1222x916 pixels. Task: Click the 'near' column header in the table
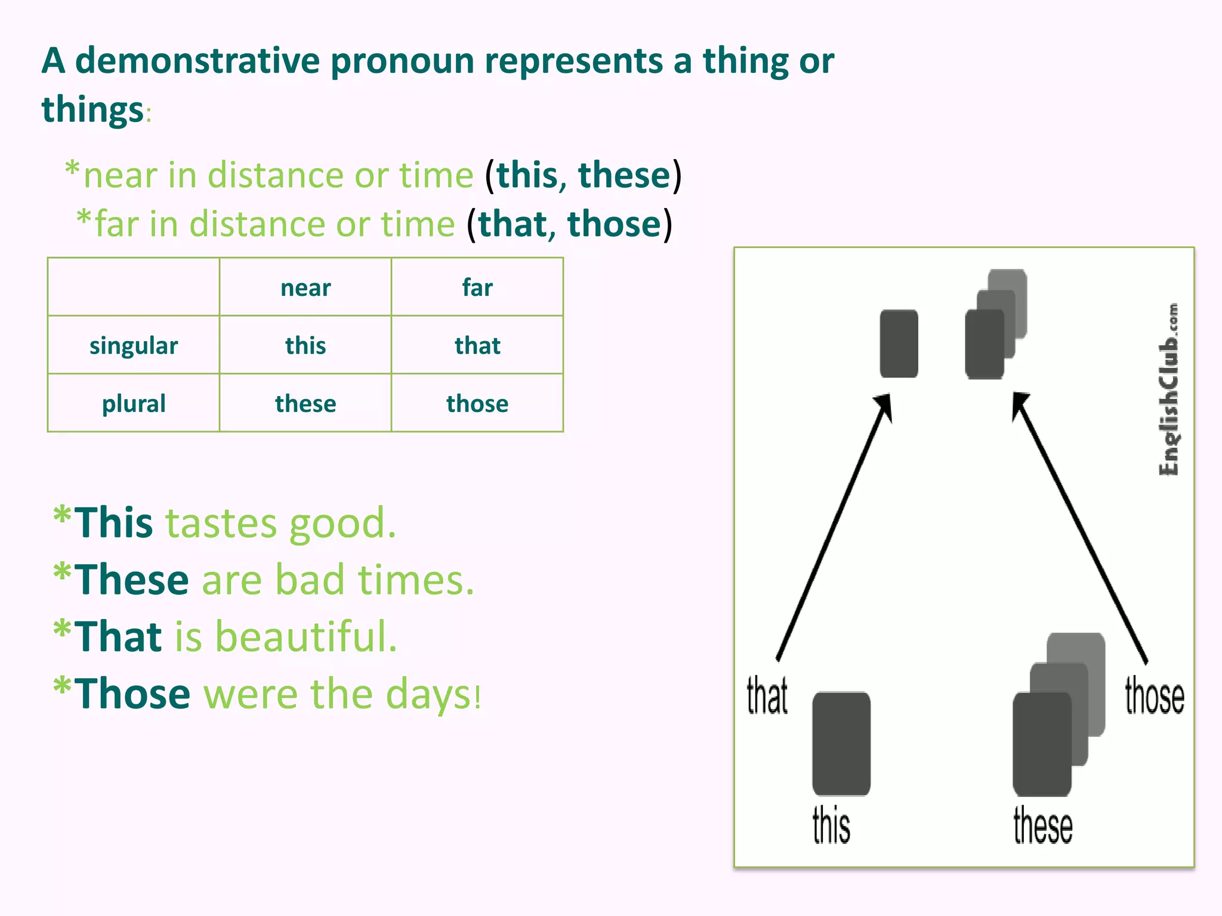305,288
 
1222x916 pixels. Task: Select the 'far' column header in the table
477,288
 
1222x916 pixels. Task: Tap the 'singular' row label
134,346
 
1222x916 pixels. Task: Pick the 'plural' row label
134,404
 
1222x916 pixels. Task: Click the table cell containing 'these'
305,404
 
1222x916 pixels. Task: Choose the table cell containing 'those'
477,404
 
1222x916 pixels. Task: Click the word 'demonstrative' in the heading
198,61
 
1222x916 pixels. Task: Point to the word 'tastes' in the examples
220,524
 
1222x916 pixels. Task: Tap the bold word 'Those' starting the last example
132,694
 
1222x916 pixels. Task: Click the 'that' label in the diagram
767,695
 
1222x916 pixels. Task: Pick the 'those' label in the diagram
1154,697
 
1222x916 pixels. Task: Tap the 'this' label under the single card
831,825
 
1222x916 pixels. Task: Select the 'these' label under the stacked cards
1042,825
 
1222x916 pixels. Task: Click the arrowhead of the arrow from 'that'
884,406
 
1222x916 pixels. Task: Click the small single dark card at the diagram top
899,343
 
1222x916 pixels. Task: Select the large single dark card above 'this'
841,744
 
